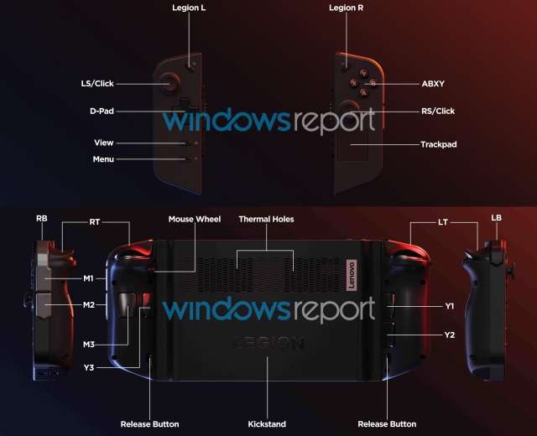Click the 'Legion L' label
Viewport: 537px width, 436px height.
189,8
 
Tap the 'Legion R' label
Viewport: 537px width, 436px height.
346,8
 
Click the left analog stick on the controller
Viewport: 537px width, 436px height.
170,82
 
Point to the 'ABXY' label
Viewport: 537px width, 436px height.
434,84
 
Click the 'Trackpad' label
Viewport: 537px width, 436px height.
438,144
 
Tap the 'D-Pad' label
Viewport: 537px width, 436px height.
102,111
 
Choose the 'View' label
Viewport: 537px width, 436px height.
103,143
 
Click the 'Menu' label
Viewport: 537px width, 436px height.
103,158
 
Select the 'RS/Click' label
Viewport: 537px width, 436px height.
437,111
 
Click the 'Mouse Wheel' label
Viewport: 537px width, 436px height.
195,219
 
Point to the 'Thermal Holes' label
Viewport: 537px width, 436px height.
266,219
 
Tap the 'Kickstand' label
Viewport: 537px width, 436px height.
267,423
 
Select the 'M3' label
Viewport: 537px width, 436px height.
88,344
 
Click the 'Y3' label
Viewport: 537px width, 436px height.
88,366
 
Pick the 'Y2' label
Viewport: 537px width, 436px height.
449,335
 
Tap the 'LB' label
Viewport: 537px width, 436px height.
496,218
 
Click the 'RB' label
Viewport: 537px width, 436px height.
41,218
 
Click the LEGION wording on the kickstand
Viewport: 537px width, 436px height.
268,344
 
